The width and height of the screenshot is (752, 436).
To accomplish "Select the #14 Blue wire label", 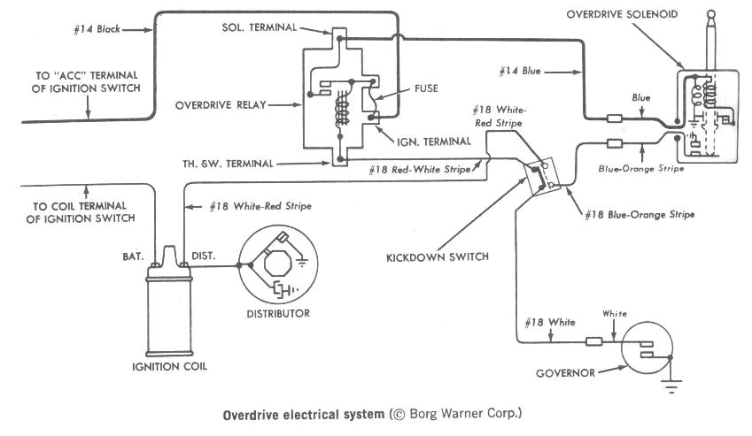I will click(x=521, y=68).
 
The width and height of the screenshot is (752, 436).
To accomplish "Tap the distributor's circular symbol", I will click(x=278, y=264).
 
